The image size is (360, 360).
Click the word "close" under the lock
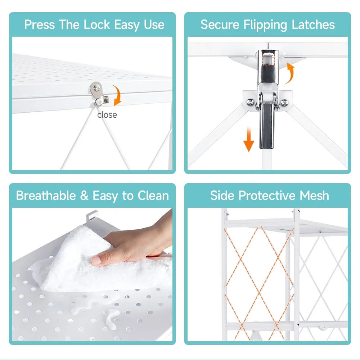[107, 115]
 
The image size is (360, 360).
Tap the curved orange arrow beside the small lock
[118, 95]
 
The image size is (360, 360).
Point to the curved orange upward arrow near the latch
[291, 73]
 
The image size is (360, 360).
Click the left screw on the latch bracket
[250, 102]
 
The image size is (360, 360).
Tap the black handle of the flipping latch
[267, 126]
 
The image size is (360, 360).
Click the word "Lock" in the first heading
[96, 24]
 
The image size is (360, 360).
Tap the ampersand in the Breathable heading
[84, 195]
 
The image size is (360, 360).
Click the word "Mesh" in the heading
[314, 195]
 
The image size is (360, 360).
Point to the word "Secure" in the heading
[220, 24]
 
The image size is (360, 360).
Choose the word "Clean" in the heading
[153, 195]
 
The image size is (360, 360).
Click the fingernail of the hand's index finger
[96, 260]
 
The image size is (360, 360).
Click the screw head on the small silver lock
[97, 87]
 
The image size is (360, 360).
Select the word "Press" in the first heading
[40, 24]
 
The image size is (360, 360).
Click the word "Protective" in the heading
[267, 195]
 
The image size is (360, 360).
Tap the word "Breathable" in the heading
[46, 195]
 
